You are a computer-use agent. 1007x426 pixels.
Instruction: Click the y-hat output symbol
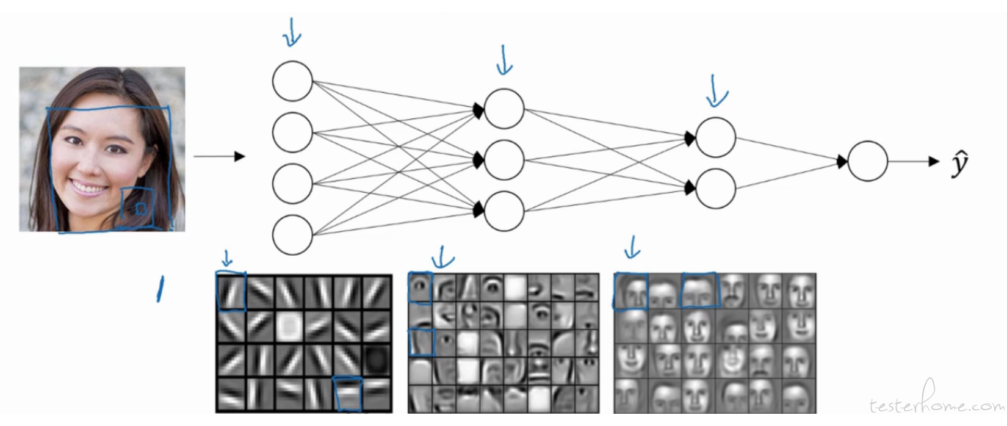pos(959,164)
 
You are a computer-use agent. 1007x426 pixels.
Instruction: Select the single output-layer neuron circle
pos(868,161)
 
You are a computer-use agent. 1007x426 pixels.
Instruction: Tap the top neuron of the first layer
pos(292,81)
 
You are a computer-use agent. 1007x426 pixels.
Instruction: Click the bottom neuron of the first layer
pos(292,235)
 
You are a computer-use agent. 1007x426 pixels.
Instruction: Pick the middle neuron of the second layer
pos(504,160)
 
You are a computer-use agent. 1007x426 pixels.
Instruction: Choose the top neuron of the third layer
pos(716,137)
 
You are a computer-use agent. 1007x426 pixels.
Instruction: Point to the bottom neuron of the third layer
pos(716,189)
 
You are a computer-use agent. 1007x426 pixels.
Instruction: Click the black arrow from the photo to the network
pos(219,156)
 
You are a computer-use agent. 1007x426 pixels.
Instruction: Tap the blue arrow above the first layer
pos(292,32)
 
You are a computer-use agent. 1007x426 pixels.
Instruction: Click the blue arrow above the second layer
pos(504,60)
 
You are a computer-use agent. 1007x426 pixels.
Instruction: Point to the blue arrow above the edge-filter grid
pos(228,258)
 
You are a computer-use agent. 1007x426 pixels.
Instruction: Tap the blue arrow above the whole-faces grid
pos(632,248)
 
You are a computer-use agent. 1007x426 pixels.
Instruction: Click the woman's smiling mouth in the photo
pos(88,187)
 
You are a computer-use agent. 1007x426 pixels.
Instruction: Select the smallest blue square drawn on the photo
pos(141,209)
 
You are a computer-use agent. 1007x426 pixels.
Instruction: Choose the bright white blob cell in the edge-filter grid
pos(290,327)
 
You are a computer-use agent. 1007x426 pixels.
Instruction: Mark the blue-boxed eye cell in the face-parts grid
pos(420,287)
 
